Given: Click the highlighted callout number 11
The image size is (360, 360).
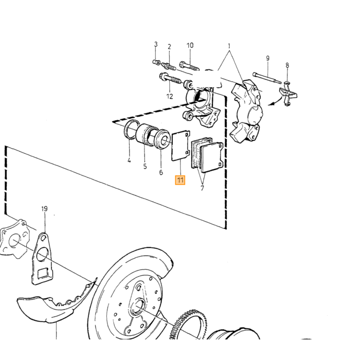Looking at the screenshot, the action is pyautogui.click(x=180, y=180).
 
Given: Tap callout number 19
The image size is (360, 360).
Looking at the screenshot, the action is pyautogui.click(x=45, y=209).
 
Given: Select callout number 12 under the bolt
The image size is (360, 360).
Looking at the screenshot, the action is pyautogui.click(x=170, y=96).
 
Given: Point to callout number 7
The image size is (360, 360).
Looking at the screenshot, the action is pyautogui.click(x=202, y=188).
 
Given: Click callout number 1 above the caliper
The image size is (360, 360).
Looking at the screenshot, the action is pyautogui.click(x=229, y=46).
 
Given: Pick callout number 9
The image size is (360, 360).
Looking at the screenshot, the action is pyautogui.click(x=268, y=58).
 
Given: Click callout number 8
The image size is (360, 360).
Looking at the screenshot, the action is pyautogui.click(x=287, y=65).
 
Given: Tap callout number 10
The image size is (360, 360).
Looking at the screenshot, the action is pyautogui.click(x=190, y=45).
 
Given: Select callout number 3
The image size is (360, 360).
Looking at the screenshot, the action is pyautogui.click(x=156, y=44).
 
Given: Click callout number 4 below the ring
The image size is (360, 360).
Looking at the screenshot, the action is pyautogui.click(x=129, y=160).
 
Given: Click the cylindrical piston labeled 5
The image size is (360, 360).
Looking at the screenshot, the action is pyautogui.click(x=145, y=135).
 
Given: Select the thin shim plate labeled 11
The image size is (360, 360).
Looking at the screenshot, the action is pyautogui.click(x=181, y=146).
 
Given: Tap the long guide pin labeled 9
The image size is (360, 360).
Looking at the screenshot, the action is pyautogui.click(x=267, y=78).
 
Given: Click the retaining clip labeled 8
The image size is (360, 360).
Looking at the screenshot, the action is pyautogui.click(x=288, y=94).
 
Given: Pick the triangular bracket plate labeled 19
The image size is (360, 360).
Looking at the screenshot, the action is pyautogui.click(x=42, y=259).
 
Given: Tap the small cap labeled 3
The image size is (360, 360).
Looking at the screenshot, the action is pyautogui.click(x=156, y=62).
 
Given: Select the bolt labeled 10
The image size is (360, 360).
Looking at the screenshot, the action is pyautogui.click(x=189, y=65).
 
